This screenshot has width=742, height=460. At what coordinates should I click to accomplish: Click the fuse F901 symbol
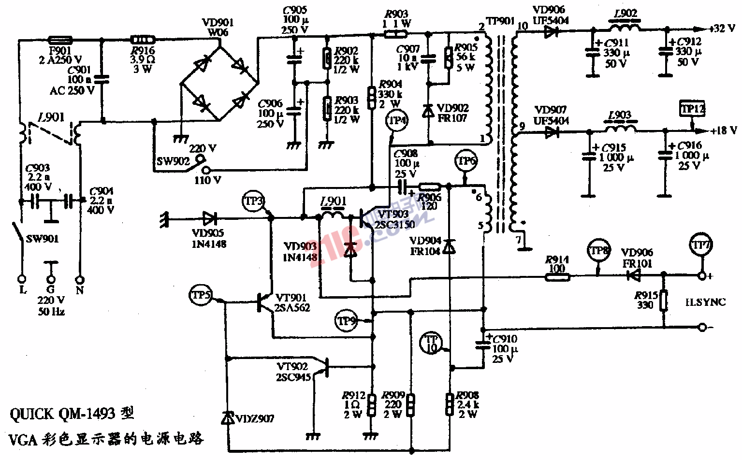[x=60, y=40]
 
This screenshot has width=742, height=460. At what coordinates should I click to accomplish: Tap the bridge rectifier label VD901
[x=218, y=23]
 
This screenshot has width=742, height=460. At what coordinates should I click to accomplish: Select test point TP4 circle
[x=397, y=120]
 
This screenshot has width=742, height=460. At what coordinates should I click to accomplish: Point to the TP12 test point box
[x=692, y=109]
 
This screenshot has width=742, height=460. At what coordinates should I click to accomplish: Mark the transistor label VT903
[x=393, y=214]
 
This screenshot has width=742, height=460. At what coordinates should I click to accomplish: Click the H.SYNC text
[x=705, y=302]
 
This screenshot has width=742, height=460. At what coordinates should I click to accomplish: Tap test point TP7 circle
[x=701, y=246]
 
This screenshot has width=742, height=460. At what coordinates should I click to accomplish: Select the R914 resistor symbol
[x=557, y=277]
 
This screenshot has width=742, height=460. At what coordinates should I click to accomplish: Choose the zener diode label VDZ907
[x=255, y=418]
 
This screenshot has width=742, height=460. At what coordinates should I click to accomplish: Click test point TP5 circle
[x=201, y=295]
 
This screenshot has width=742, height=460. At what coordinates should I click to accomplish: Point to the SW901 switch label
[x=42, y=239]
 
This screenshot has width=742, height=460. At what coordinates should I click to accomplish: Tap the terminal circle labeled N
[x=80, y=280]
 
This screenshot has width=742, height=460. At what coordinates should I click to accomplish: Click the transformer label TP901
[x=500, y=21]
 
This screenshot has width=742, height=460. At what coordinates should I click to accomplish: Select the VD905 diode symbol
[x=209, y=219]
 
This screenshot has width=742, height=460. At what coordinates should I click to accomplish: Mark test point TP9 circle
[x=347, y=321]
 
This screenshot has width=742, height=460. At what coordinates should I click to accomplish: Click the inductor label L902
[x=626, y=14]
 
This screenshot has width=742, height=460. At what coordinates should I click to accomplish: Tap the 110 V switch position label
[x=208, y=181]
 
